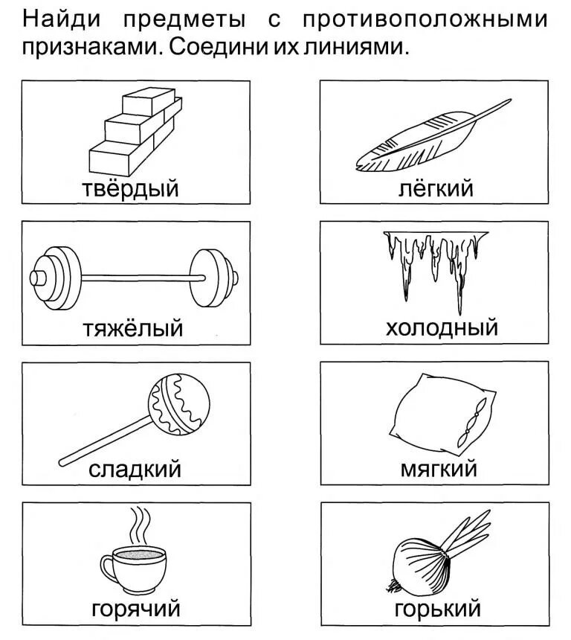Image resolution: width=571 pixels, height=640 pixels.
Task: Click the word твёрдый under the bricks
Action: point(130,188)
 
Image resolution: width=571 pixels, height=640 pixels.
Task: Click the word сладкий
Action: point(135,469)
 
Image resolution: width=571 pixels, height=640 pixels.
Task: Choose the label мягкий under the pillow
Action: point(439,469)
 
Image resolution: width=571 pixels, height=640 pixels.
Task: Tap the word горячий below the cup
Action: point(135,609)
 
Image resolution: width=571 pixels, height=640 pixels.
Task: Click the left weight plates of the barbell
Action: point(59,278)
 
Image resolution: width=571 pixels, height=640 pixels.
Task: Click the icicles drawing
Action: point(435,260)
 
